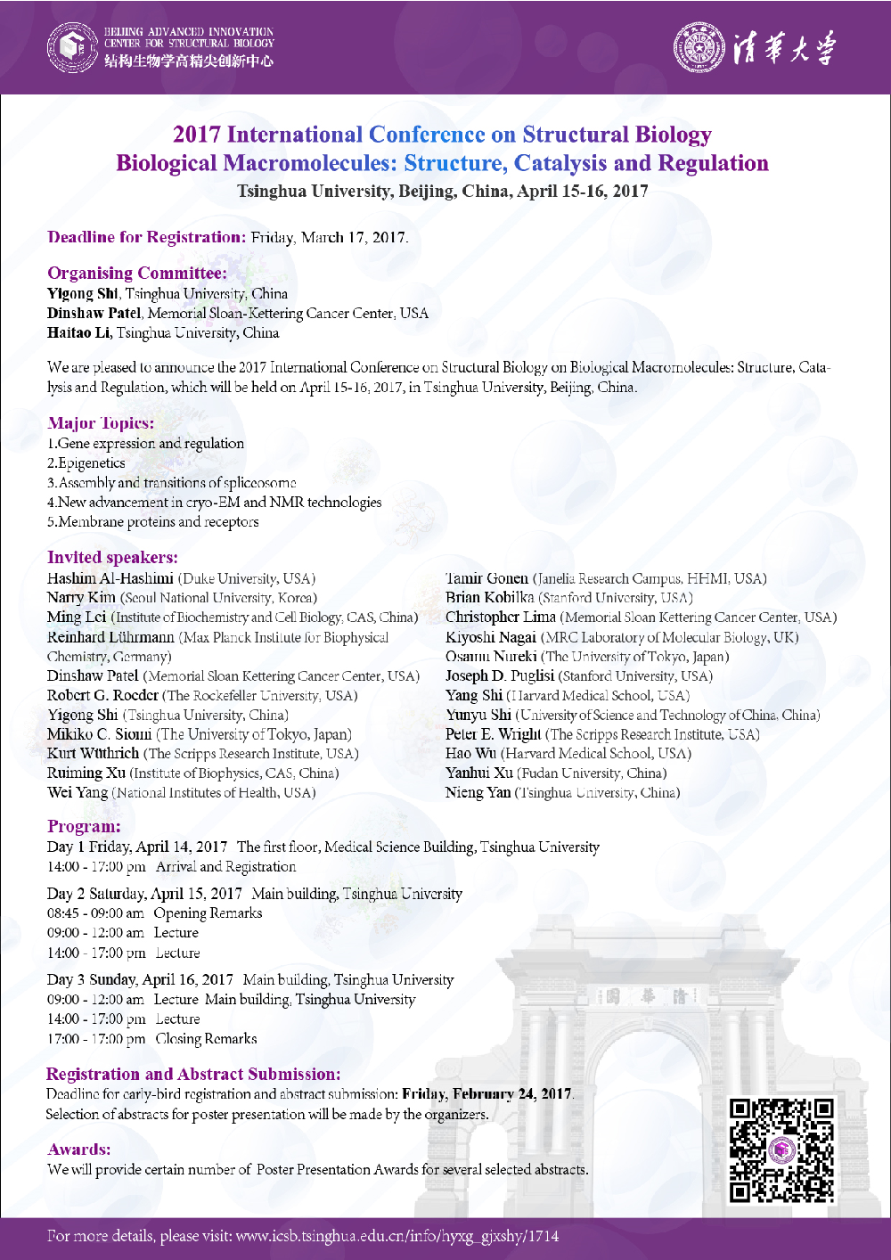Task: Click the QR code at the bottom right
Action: point(781,1150)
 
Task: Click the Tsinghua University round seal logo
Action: point(699,47)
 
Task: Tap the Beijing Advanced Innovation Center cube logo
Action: point(72,47)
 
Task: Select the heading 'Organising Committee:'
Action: point(137,274)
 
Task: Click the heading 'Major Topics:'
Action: point(101,423)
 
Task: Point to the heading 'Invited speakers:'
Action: point(112,558)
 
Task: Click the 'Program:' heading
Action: point(84,827)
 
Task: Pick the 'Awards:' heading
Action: point(79,1150)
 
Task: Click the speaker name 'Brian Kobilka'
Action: point(490,598)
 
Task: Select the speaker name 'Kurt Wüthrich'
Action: point(94,754)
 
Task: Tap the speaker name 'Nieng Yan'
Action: point(478,792)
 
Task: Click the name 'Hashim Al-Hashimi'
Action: point(110,578)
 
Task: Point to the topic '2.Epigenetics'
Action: point(86,463)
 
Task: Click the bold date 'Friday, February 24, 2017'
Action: point(487,1094)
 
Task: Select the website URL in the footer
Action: point(397,1237)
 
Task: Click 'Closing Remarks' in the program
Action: point(206,1039)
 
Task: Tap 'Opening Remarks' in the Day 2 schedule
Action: point(208,913)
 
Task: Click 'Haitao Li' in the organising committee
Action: point(79,333)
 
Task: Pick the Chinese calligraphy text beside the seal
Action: point(784,47)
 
